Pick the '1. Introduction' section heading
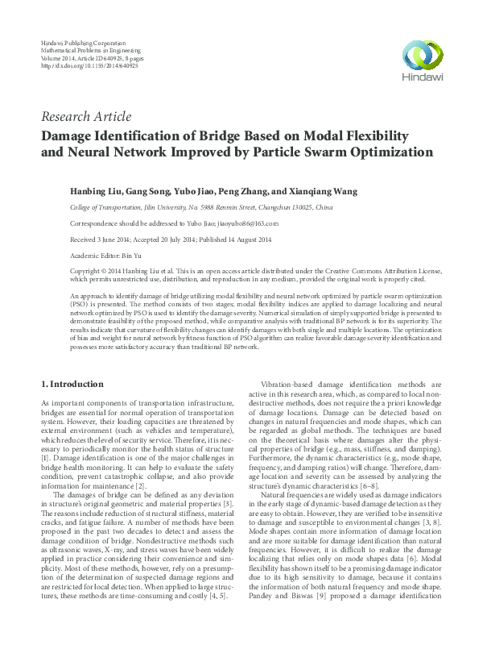pos(72,384)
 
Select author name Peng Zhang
pos(238,193)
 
